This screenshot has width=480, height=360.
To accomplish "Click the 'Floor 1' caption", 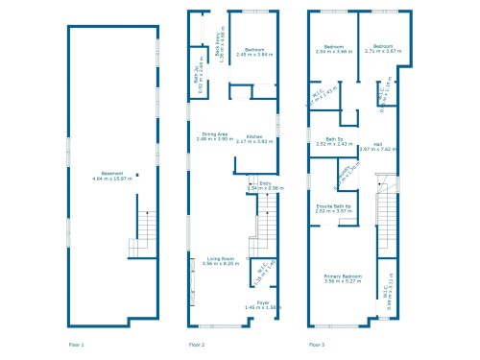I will pyautogui.click(x=77, y=344).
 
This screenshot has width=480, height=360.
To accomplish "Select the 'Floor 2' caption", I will pyautogui.click(x=197, y=344).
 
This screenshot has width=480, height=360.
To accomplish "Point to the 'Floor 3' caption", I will pyautogui.click(x=317, y=344).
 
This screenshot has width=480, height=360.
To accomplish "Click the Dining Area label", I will pyautogui.click(x=214, y=136).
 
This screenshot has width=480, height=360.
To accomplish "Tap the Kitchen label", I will pyautogui.click(x=254, y=139).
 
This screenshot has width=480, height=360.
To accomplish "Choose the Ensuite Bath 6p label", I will pyautogui.click(x=336, y=207).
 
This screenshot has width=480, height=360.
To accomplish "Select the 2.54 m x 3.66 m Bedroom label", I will pyautogui.click(x=335, y=48).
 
